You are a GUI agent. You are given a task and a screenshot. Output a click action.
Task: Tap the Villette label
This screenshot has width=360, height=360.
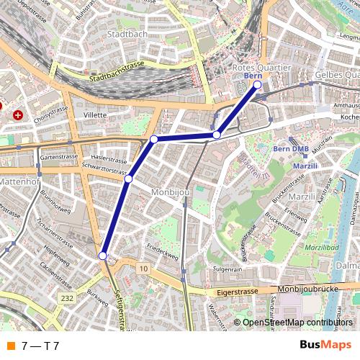pos(95,114)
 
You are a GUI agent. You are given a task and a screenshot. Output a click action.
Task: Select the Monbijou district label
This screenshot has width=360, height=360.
pos(170,192)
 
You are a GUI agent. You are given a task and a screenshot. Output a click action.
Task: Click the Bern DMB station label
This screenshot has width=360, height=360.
pos(291,148)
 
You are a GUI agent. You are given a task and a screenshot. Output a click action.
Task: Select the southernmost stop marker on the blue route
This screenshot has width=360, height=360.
pos(103,256)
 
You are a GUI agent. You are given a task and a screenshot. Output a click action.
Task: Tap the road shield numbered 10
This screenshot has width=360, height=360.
pos(144,269)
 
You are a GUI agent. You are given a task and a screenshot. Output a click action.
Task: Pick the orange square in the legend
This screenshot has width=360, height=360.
pos(10,346)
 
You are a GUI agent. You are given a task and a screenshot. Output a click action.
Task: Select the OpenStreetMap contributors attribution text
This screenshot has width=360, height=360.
pos(297,323)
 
